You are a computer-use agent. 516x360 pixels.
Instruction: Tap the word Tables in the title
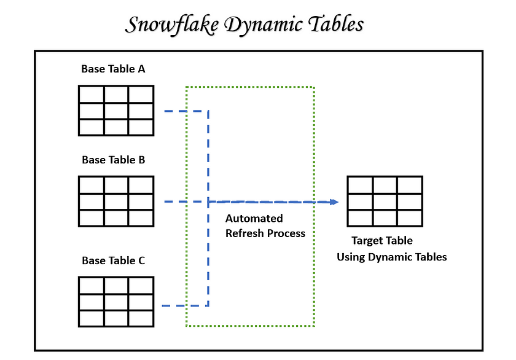[x=332, y=24]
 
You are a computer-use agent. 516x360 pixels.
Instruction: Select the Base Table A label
[x=113, y=69]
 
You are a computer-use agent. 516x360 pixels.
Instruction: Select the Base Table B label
[x=113, y=160]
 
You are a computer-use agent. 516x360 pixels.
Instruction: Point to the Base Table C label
[x=113, y=260]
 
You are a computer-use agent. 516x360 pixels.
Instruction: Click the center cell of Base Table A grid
[x=116, y=111]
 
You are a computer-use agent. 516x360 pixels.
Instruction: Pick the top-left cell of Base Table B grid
[x=92, y=185]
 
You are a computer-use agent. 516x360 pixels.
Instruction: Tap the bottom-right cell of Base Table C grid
[x=141, y=318]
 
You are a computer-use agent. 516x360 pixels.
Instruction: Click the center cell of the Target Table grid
[x=385, y=202]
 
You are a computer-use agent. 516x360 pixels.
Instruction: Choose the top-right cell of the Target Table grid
[x=409, y=185]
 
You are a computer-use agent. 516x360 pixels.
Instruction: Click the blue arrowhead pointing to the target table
[x=334, y=202]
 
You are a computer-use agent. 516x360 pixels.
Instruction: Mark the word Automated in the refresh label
[x=254, y=219]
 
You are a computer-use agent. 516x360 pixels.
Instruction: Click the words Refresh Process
[x=265, y=233]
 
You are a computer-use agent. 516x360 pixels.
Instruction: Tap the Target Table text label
[x=381, y=241]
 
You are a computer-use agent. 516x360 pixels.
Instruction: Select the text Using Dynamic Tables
[x=391, y=257]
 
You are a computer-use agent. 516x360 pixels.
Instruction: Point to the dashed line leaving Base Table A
[x=184, y=111]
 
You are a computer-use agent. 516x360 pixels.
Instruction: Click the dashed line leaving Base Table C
[x=184, y=305]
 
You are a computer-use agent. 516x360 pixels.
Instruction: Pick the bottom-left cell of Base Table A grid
[x=92, y=127]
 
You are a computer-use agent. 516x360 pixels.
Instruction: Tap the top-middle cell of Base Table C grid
[x=116, y=285]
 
